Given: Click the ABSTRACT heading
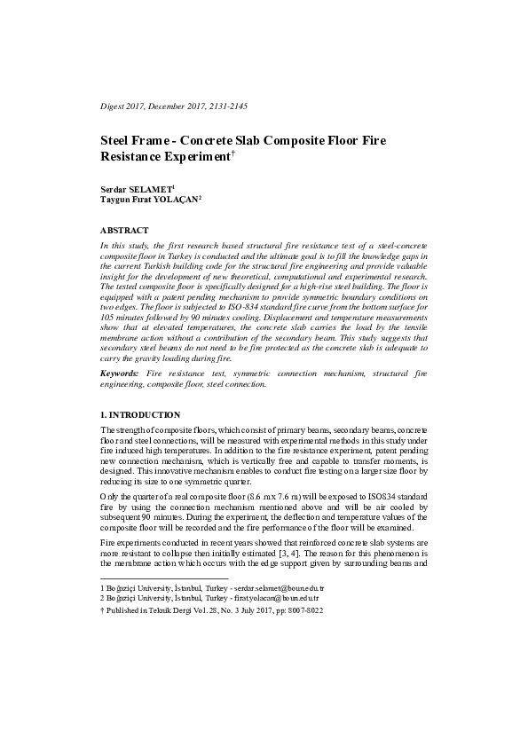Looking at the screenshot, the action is pos(124,230).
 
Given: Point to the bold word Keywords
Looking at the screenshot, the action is pos(120,375).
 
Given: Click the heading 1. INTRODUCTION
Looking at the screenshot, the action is pos(140,415).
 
